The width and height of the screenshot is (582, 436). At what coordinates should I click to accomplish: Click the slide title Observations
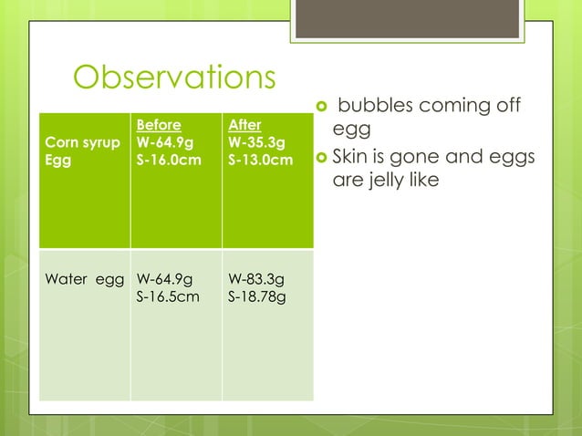click(173, 78)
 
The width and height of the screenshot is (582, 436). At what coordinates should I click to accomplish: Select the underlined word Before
click(158, 125)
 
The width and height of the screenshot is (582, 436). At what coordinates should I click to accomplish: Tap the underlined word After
click(244, 125)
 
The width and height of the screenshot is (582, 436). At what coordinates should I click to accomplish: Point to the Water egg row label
click(84, 279)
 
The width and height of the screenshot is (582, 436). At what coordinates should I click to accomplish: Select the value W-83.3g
click(256, 279)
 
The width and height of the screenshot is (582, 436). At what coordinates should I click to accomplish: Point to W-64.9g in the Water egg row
click(164, 279)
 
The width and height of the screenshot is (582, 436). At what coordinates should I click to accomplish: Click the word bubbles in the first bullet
click(376, 107)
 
